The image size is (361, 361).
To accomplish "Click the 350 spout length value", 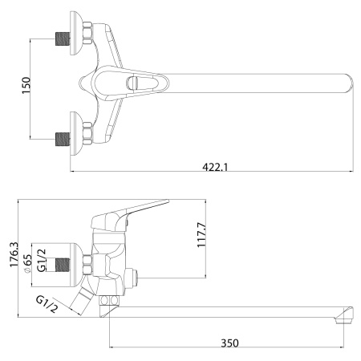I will pyautogui.click(x=229, y=344).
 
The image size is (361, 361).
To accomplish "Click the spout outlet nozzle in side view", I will pyautogui.click(x=346, y=318).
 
